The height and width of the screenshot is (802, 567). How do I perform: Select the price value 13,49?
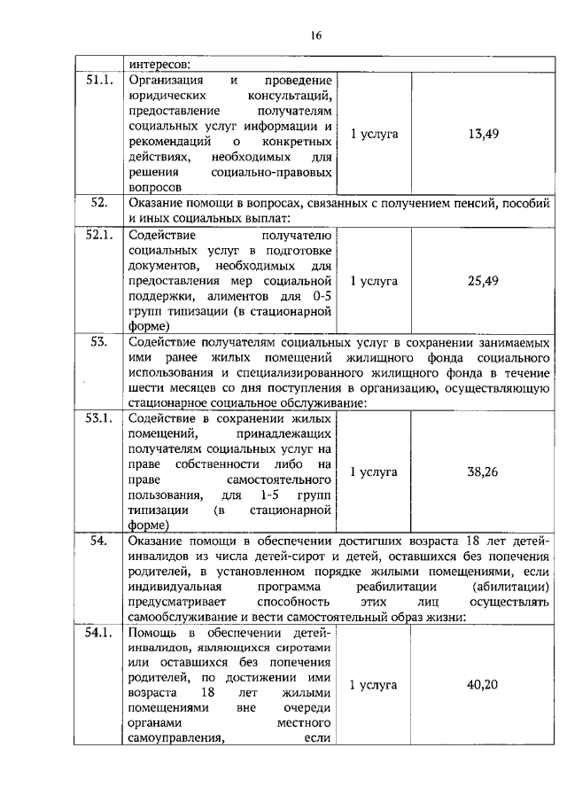tap(483, 134)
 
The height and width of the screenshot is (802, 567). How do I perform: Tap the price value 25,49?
tap(483, 281)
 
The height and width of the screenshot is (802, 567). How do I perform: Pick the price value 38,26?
tap(483, 471)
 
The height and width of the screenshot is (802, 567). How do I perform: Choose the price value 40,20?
tap(483, 685)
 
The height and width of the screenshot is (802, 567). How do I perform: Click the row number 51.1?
tap(98, 81)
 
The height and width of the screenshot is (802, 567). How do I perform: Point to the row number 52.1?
tap(98, 235)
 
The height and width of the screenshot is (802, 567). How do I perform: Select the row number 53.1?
tap(98, 418)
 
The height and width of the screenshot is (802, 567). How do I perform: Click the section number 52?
tap(98, 203)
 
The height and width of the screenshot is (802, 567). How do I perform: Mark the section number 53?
tap(98, 341)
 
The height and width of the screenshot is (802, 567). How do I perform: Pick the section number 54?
tap(98, 540)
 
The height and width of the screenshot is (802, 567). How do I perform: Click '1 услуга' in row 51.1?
tap(374, 134)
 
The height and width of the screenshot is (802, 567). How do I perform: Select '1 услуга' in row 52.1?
tap(374, 281)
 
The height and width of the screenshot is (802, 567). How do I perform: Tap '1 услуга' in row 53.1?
tap(374, 471)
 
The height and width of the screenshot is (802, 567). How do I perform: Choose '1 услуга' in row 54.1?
tap(374, 685)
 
